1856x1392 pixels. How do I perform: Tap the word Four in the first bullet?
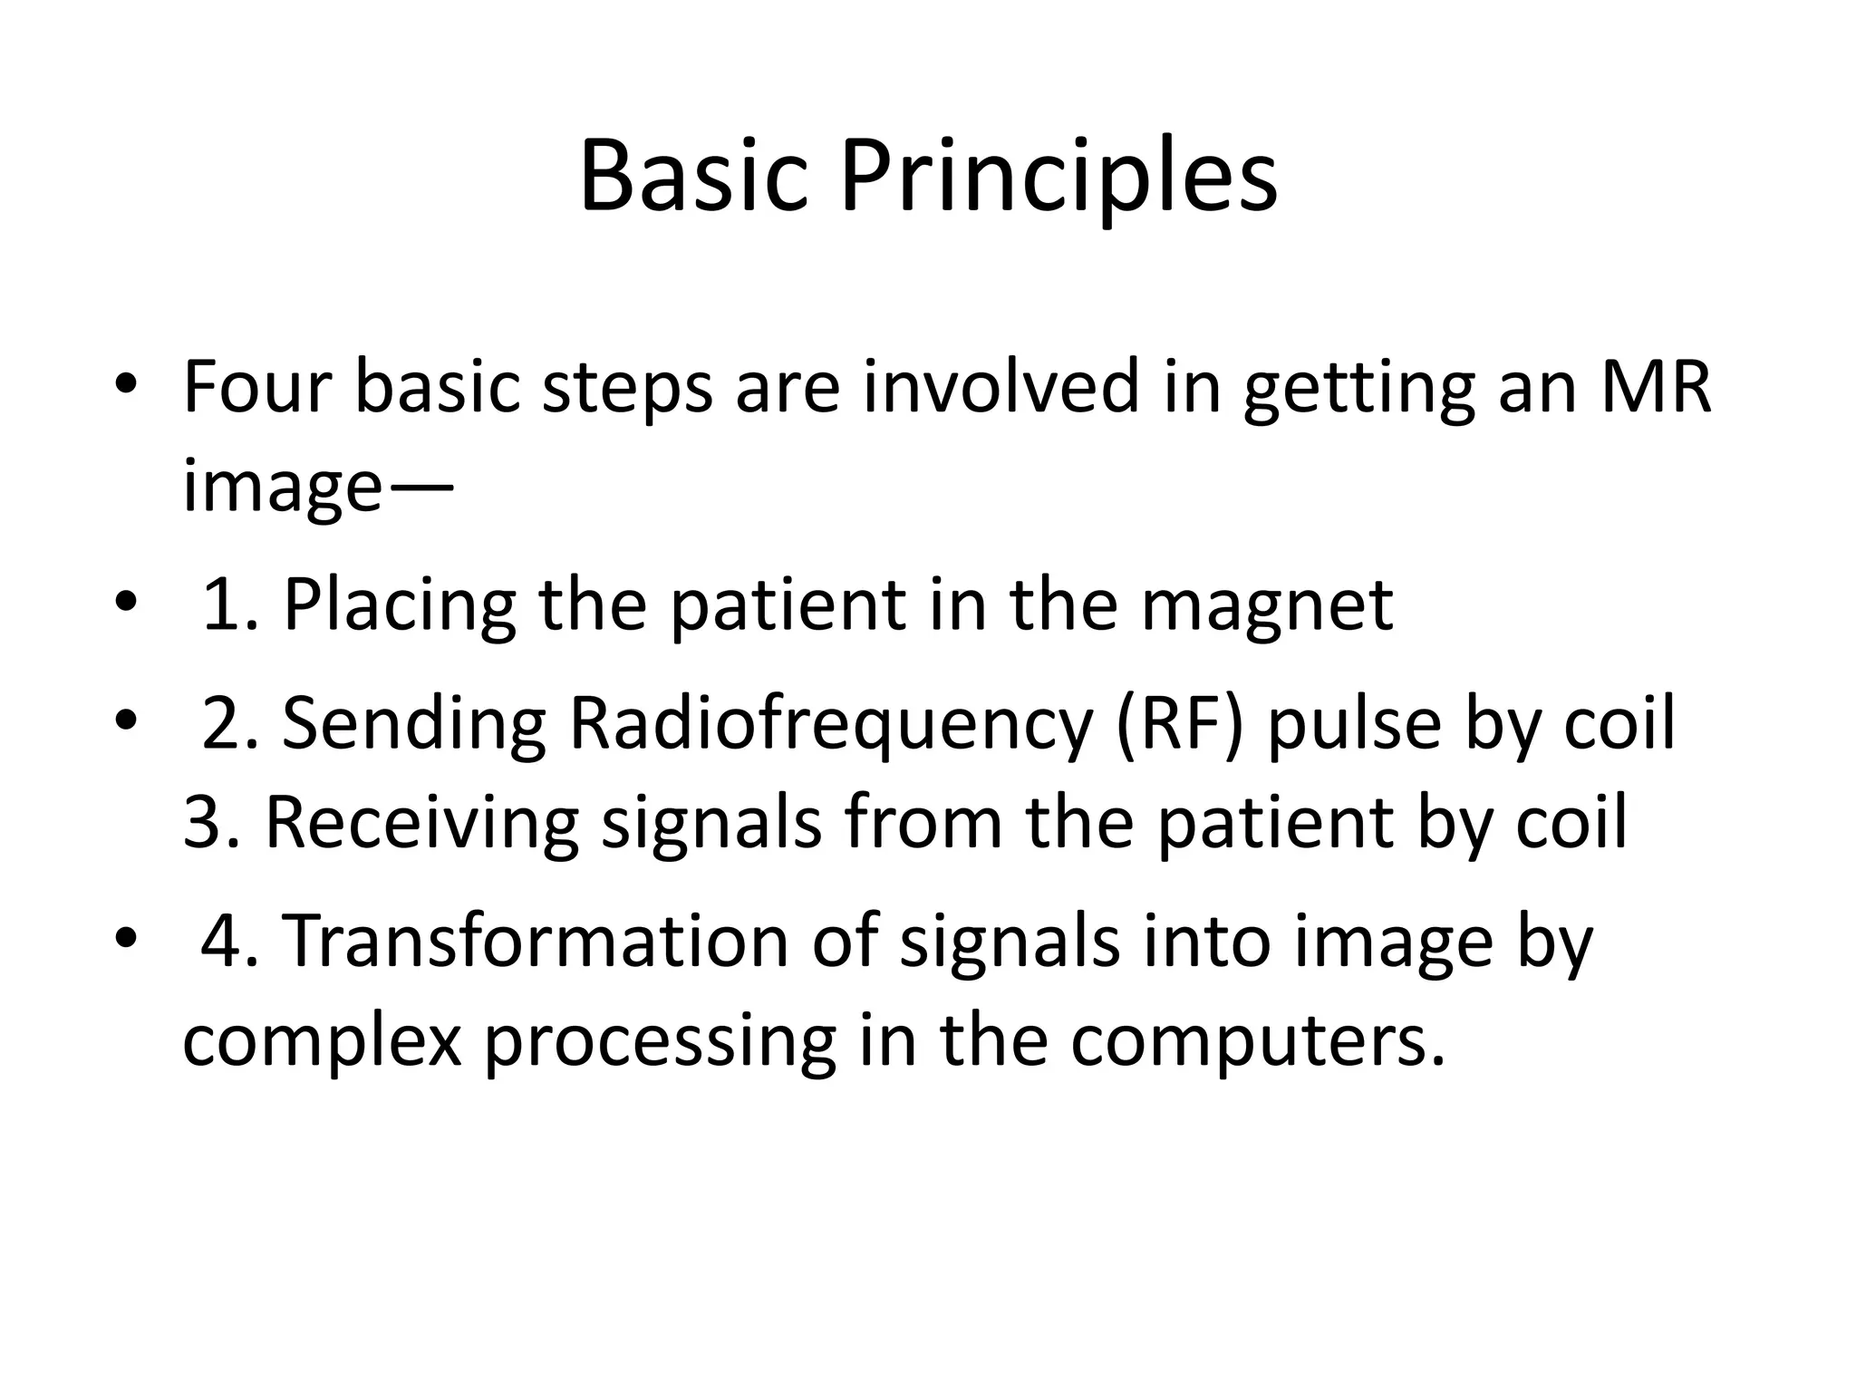coord(257,387)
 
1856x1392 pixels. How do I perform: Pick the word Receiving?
coord(421,823)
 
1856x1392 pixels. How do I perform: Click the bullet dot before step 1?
coord(126,601)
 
